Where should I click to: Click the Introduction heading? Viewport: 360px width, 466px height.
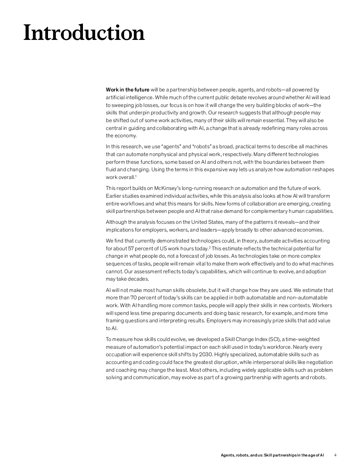click(x=84, y=33)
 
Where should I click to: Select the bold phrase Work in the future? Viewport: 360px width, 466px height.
click(x=127, y=90)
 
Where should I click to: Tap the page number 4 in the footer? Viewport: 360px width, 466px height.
click(x=335, y=455)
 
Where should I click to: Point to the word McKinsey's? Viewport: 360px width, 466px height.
click(x=167, y=188)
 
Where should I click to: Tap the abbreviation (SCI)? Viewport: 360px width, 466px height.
click(x=274, y=339)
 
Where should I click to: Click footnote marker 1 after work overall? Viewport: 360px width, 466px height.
click(x=136, y=176)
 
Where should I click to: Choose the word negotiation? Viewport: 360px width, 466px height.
click(x=319, y=362)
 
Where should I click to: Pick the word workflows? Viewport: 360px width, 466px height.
click(x=132, y=204)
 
